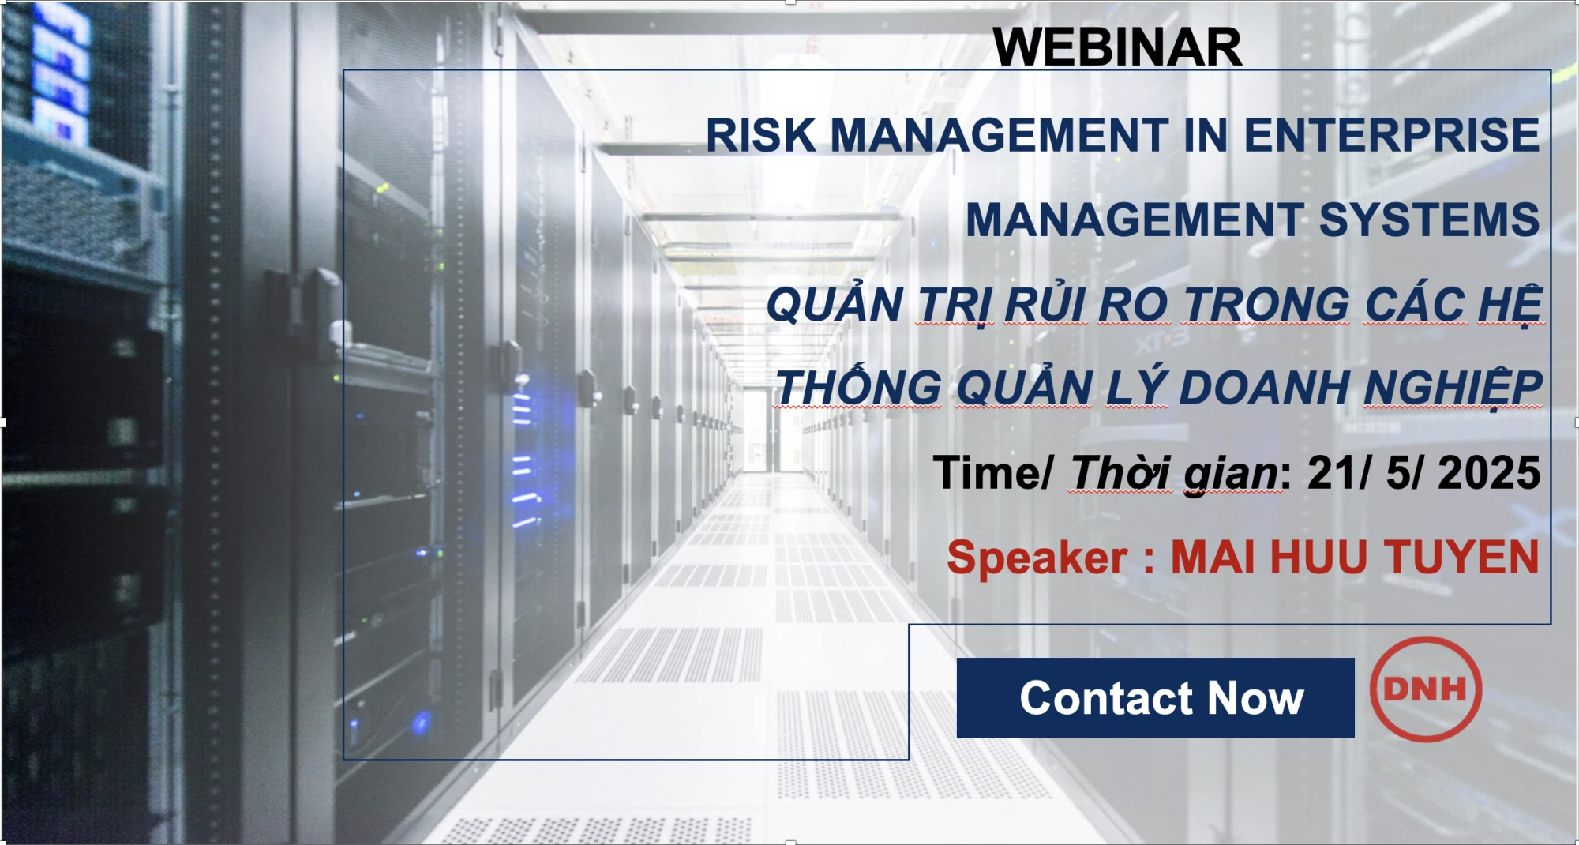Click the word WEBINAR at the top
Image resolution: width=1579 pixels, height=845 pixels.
coord(1117,47)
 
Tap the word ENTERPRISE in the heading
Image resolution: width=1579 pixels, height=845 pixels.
coord(1391,135)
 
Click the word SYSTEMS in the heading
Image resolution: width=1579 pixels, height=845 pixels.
coord(1429,220)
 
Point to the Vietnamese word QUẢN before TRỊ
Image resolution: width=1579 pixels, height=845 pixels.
coord(835,305)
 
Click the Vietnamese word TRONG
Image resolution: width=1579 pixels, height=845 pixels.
coord(1266,305)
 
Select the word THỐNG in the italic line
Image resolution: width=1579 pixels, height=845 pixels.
coord(858,388)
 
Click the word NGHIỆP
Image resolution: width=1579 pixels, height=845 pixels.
coord(1452,388)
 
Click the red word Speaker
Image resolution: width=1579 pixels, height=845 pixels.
coord(1037,558)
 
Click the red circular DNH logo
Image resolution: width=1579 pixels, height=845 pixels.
coord(1425,689)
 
